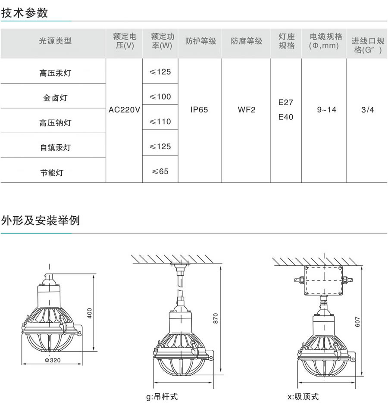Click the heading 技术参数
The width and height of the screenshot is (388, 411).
[x=25, y=12]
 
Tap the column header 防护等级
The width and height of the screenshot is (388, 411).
[x=200, y=41]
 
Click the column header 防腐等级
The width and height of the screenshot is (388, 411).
[x=246, y=41]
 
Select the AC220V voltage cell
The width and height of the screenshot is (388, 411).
[x=124, y=110]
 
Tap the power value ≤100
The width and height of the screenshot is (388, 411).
[x=160, y=97]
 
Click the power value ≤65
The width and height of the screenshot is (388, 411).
[x=160, y=171]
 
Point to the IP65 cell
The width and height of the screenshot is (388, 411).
[x=199, y=110]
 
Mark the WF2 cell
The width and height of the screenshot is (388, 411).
[x=247, y=110]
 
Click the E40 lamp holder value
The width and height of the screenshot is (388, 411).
[x=286, y=117]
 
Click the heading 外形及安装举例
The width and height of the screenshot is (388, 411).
[x=41, y=221]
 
